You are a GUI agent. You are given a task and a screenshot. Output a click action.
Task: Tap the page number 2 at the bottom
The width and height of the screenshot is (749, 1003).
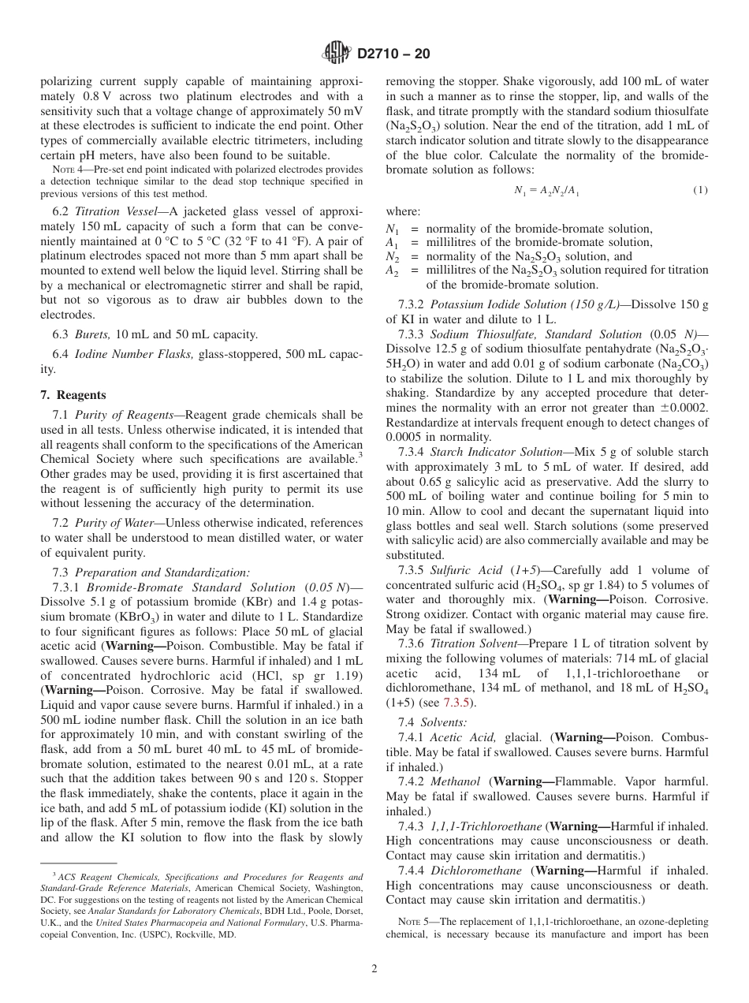point(374,969)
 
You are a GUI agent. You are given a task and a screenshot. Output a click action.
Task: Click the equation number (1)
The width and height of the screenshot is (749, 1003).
point(700,190)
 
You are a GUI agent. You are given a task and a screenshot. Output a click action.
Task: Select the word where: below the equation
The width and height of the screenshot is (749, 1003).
point(403,211)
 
